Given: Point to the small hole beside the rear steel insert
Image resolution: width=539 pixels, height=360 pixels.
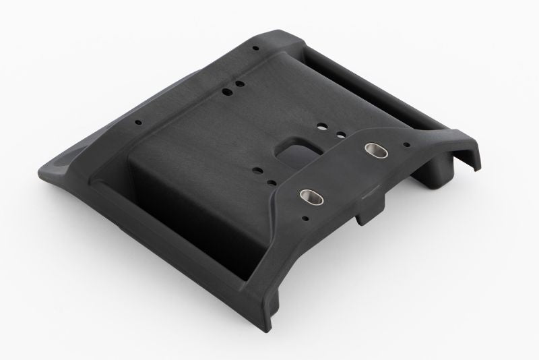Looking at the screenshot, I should coord(407,144).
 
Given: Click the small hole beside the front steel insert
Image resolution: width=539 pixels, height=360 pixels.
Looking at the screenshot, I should coord(307,218).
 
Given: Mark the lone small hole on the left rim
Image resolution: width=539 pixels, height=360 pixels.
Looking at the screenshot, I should coord(138,123).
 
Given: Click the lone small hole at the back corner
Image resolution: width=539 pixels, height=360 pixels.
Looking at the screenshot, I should coord(255,49).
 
